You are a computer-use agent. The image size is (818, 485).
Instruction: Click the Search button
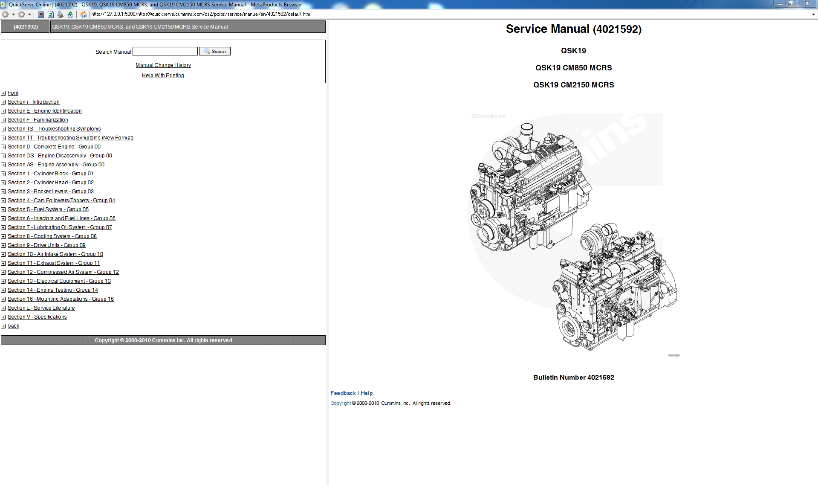(x=215, y=51)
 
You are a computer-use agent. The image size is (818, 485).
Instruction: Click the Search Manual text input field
(x=165, y=51)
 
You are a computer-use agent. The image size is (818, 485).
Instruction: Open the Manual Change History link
(x=163, y=65)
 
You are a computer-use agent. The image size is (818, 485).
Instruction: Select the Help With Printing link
(x=163, y=76)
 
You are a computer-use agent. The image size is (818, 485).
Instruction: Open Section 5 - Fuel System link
(x=48, y=209)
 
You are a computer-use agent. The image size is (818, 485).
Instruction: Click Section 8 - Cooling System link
(x=52, y=236)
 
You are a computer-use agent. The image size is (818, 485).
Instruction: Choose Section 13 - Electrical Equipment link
(x=59, y=281)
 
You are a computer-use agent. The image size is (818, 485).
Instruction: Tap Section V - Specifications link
(x=37, y=317)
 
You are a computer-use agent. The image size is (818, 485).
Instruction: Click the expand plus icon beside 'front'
(x=3, y=93)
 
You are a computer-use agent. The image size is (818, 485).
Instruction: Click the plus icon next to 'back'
(x=3, y=326)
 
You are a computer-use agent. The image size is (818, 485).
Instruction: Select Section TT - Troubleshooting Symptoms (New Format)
(x=70, y=138)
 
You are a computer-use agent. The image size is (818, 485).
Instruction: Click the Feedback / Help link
(x=351, y=393)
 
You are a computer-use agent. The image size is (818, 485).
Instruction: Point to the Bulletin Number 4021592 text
(x=573, y=378)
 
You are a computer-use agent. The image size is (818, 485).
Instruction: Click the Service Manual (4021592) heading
(x=573, y=29)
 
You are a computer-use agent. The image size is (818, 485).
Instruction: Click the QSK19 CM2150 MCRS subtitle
(x=573, y=85)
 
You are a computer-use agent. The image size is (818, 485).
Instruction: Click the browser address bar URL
(x=200, y=14)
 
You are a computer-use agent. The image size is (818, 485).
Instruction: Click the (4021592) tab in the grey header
(x=26, y=27)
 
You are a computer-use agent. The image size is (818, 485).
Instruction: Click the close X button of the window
(x=806, y=3)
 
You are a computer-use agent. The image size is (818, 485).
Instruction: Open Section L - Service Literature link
(x=41, y=308)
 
